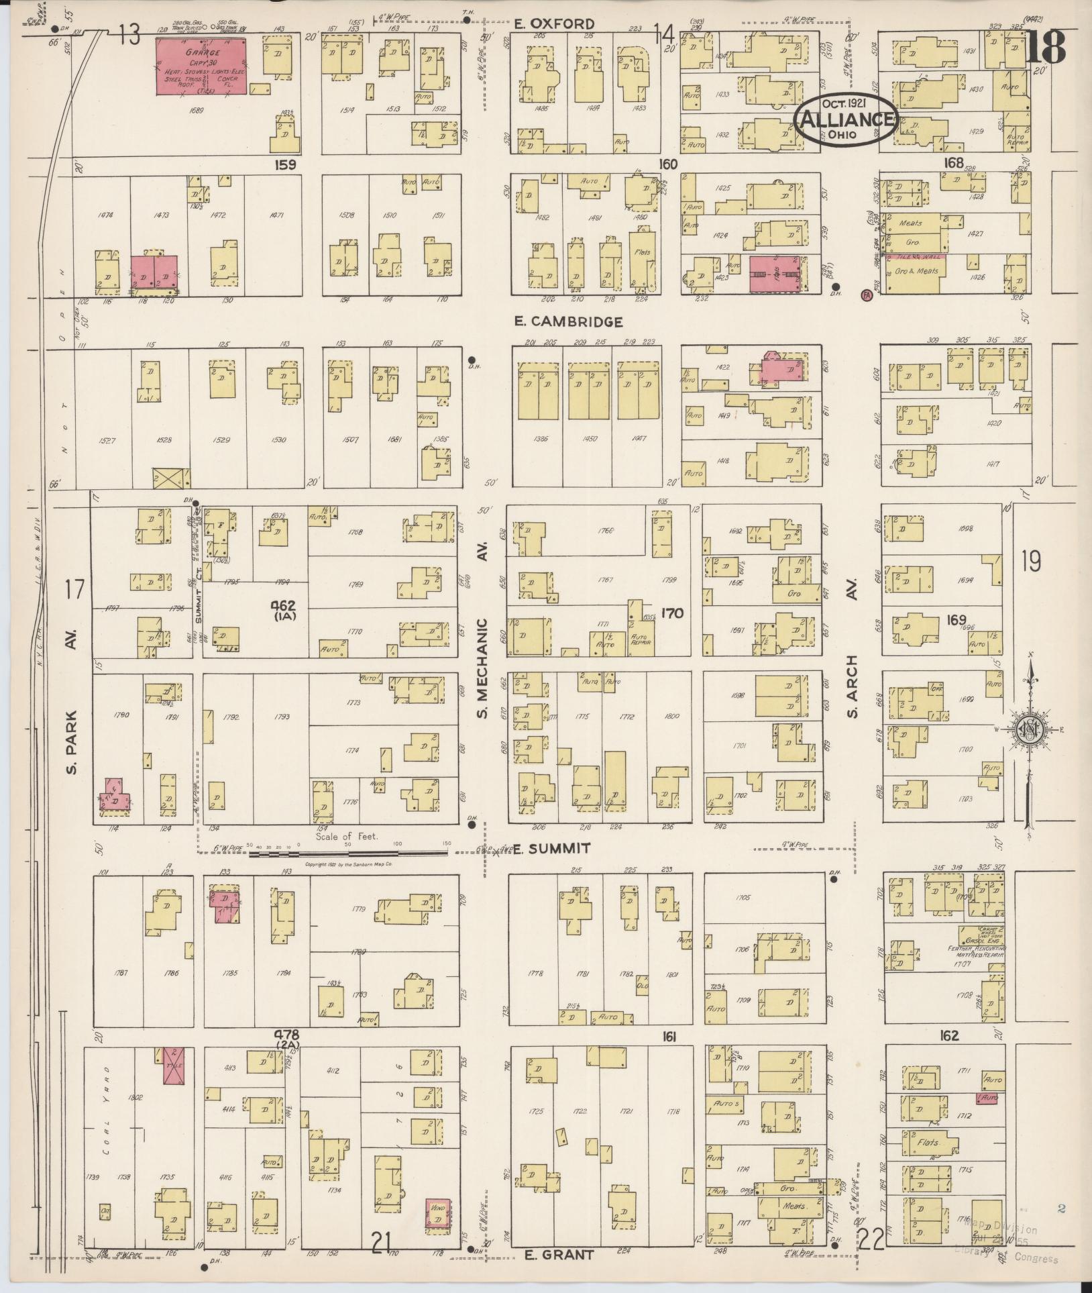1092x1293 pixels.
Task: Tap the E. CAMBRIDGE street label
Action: [x=568, y=322]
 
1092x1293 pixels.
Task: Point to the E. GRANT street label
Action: [x=559, y=1254]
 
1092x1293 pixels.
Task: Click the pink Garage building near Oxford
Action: [x=201, y=66]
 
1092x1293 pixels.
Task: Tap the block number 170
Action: [x=671, y=612]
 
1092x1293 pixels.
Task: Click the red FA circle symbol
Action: [x=866, y=295]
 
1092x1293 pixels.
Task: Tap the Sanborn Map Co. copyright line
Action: [x=348, y=864]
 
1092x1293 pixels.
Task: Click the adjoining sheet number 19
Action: [x=1031, y=561]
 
